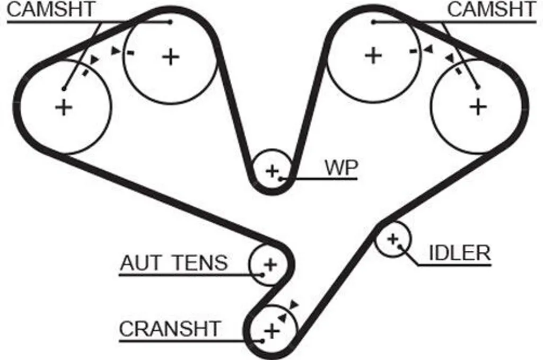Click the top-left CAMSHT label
[51, 10]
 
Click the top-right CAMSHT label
[492, 10]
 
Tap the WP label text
[341, 168]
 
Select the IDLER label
[460, 253]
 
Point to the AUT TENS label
[174, 263]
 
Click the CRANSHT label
[170, 329]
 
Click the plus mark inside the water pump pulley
[272, 171]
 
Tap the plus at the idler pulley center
[392, 239]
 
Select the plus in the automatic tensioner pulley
[270, 265]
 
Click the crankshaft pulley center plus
[272, 331]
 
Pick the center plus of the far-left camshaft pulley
[64, 107]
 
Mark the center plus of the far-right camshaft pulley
[478, 107]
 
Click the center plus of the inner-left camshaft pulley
[171, 57]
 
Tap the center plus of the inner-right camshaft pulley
[373, 55]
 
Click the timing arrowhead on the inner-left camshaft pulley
[115, 51]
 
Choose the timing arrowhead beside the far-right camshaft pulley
[450, 58]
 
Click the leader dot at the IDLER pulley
[400, 247]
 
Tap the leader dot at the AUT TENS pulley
[262, 275]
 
